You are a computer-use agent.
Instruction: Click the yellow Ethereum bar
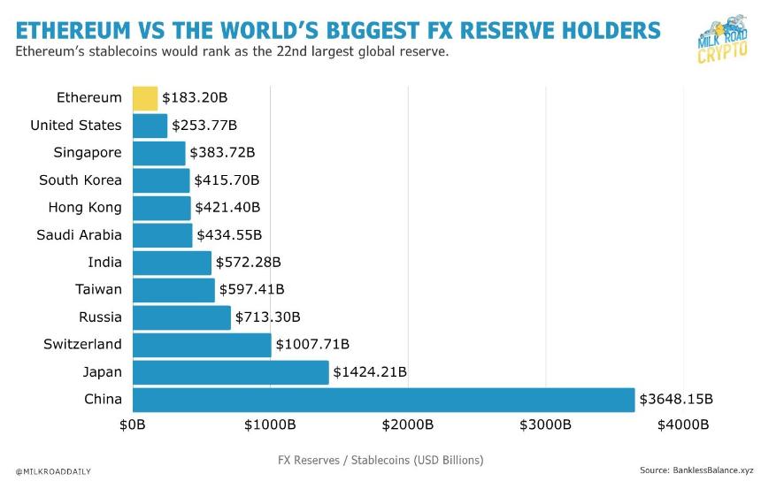145,98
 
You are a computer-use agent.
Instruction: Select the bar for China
383,400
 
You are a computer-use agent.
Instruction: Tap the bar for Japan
230,372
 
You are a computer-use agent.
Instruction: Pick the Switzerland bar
202,345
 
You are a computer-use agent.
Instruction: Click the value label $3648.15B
676,400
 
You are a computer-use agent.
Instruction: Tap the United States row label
76,126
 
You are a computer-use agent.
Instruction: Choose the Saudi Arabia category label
79,235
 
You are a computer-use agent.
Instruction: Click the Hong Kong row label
85,208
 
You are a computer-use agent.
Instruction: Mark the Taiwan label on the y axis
98,290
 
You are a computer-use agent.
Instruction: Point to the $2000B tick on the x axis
408,425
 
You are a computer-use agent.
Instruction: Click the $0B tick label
133,425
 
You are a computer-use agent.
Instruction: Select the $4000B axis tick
683,425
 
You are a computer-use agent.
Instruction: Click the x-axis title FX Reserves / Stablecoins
380,461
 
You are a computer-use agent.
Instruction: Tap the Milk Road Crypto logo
720,40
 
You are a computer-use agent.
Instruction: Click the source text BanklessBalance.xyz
696,470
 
